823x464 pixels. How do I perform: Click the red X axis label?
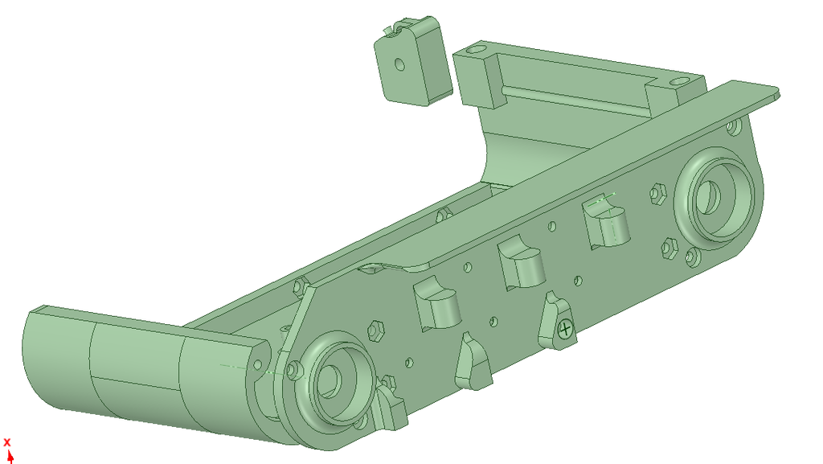point(6,442)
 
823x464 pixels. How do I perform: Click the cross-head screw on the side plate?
point(565,330)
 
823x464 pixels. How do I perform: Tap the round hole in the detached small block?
point(400,64)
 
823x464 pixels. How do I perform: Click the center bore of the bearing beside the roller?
point(329,380)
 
